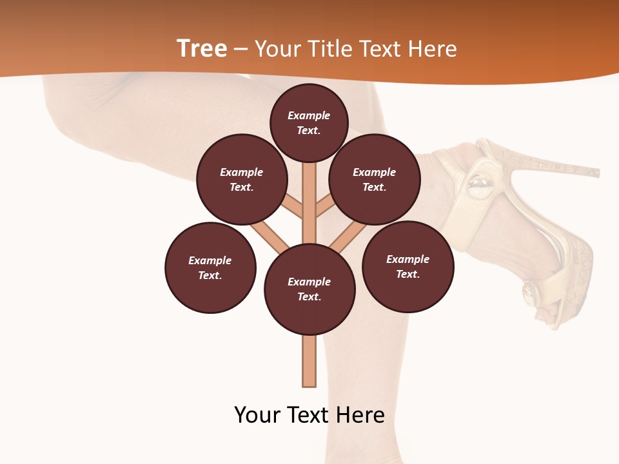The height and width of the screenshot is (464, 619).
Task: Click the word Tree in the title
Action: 202,49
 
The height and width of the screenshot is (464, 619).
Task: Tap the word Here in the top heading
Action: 432,49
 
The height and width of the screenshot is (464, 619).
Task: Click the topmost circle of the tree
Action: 309,122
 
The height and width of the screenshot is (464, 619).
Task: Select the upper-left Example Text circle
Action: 242,179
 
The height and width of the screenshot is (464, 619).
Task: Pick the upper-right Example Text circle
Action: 375,179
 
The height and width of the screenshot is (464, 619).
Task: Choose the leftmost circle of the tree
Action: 210,268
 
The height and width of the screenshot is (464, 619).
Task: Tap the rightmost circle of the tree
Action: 408,267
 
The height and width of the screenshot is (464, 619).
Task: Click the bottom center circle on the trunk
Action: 309,289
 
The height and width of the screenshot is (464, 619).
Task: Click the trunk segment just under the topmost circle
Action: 309,177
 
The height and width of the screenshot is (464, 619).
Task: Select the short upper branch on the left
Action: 294,207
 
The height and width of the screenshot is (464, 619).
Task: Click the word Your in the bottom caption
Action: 257,415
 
